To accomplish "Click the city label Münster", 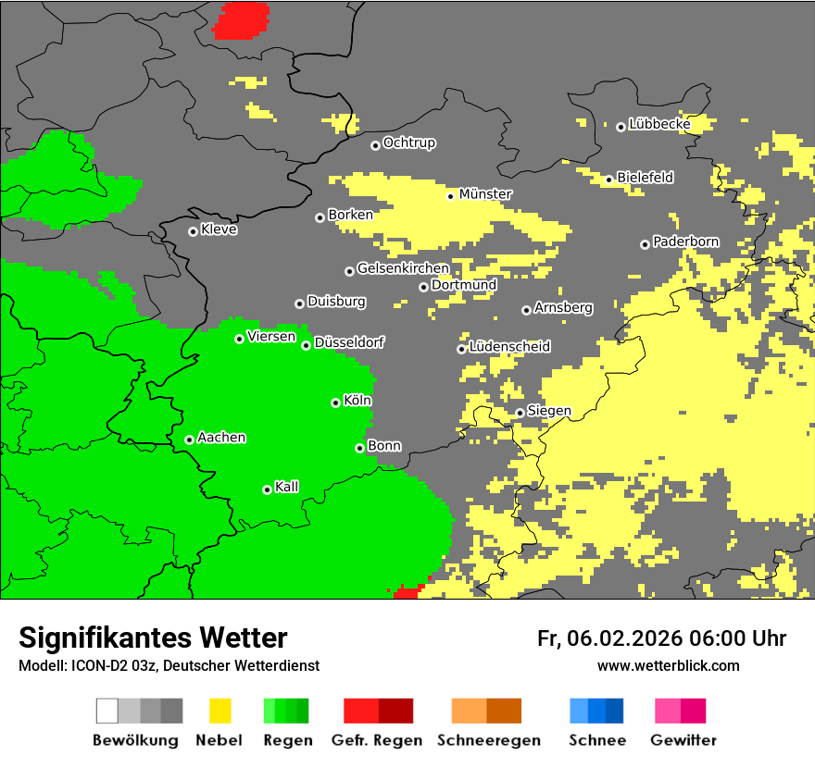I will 485,194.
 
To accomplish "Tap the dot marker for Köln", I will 335,403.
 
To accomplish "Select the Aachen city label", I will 221,438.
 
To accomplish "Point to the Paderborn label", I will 685,242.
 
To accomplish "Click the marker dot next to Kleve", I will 193,231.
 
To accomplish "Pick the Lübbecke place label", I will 659,124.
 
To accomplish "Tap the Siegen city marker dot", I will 520,413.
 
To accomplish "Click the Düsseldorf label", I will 349,343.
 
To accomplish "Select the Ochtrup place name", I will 408,143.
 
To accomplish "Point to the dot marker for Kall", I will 267,489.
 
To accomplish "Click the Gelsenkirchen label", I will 403,269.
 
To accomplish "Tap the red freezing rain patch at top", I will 242,20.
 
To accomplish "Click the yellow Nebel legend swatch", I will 219,711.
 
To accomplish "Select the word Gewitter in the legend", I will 683,740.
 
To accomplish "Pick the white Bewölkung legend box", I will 107,711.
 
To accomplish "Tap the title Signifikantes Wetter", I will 153,638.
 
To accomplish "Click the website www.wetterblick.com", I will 668,665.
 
